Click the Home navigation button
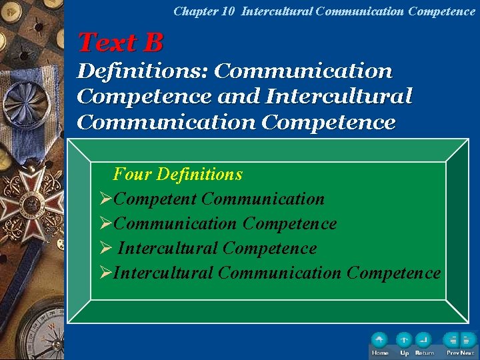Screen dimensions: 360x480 pyautogui.click(x=380, y=341)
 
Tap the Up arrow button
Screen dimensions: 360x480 pyautogui.click(x=404, y=341)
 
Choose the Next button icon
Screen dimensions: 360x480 pyautogui.click(x=468, y=341)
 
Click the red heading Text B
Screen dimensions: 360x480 pyautogui.click(x=121, y=43)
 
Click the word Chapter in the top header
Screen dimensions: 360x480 pyautogui.click(x=190, y=11)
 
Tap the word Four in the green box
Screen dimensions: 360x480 pyautogui.click(x=131, y=175)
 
